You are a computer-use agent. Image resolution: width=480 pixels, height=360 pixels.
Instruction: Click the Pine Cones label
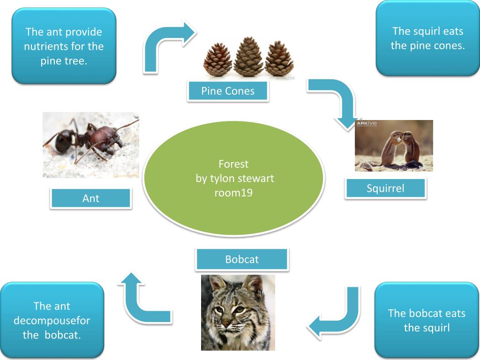point(228,91)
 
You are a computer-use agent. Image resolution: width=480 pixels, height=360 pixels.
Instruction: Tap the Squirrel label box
point(385,188)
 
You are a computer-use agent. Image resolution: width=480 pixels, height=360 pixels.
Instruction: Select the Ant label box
point(90,198)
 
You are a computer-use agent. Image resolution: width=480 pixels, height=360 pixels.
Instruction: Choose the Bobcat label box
point(242,259)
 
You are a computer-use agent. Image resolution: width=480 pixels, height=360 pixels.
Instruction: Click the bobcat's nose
point(227,323)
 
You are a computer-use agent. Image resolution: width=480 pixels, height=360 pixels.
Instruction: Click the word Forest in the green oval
point(233,164)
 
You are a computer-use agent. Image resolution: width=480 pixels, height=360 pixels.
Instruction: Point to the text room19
point(233,192)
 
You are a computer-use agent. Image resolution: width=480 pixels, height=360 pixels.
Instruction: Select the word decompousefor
point(52,321)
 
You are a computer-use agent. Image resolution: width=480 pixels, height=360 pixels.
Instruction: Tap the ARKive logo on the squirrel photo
point(365,124)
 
